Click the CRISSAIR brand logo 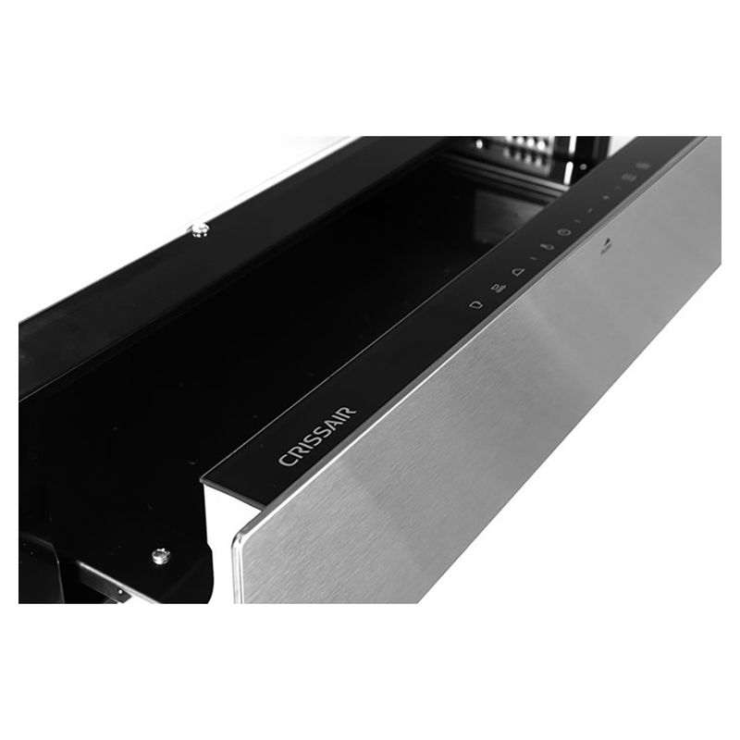point(317,436)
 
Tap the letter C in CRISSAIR point(285,459)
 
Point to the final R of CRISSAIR point(350,412)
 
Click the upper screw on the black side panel point(199,229)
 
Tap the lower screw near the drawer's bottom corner point(160,556)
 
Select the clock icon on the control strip point(564,231)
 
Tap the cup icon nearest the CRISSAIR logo point(476,303)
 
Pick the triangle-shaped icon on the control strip point(518,271)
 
